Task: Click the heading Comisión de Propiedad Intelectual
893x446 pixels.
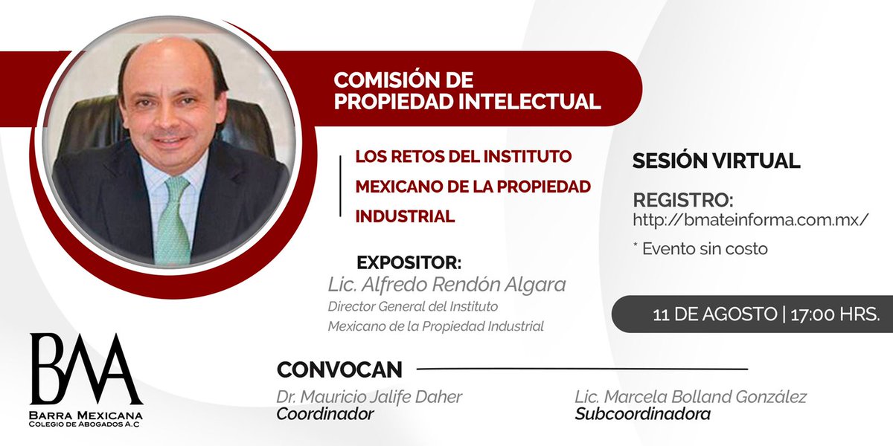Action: [x=467, y=91]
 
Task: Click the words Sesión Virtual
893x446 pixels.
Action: [x=716, y=160]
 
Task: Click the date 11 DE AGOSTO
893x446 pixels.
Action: [x=714, y=314]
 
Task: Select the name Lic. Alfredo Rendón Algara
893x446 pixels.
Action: [x=447, y=285]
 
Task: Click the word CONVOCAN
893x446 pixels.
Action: [x=339, y=369]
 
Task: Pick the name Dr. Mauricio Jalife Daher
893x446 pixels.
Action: [x=369, y=397]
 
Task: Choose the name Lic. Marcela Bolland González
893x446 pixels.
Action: [x=691, y=397]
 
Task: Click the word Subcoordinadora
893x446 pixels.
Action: [x=642, y=414]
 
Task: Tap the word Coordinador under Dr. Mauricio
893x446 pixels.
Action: [x=324, y=414]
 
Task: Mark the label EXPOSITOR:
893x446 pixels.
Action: [x=409, y=264]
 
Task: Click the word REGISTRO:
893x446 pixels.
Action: [x=682, y=201]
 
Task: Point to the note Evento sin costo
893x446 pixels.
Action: [x=700, y=249]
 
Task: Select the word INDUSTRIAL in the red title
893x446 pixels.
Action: [x=405, y=216]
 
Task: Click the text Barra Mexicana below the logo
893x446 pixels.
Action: [x=86, y=414]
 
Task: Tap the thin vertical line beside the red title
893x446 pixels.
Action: [x=340, y=186]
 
